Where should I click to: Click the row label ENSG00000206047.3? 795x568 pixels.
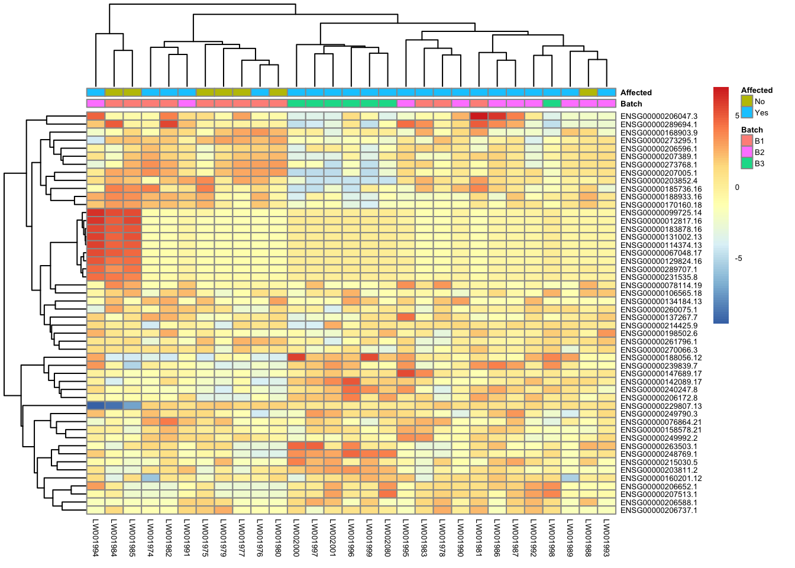click(659, 117)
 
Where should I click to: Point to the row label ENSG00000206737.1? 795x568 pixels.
click(658, 510)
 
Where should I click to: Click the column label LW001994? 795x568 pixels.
click(95, 538)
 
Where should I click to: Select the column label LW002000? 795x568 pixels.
click(296, 538)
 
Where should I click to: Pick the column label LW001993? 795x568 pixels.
click(606, 538)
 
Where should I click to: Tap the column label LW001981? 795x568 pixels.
click(479, 538)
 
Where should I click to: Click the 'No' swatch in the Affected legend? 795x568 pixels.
click(746, 101)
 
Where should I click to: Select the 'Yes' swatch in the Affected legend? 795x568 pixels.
click(746, 112)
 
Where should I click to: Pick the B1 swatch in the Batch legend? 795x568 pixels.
click(746, 141)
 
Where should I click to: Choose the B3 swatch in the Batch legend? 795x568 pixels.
click(746, 163)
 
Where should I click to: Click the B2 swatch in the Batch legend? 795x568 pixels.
click(746, 152)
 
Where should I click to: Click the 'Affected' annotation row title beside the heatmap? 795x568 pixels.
click(636, 92)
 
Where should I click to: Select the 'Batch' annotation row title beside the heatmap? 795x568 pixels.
click(631, 104)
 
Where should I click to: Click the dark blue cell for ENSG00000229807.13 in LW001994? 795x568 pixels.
click(95, 406)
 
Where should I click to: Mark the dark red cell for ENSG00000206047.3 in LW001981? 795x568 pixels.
click(479, 117)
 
